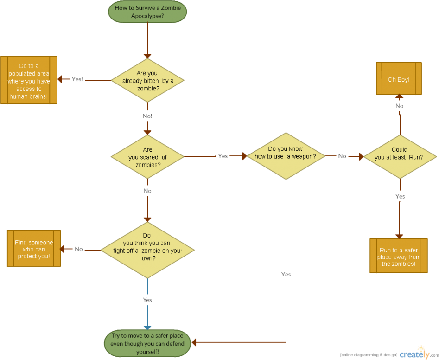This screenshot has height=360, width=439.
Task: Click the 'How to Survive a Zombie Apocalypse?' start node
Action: click(147, 11)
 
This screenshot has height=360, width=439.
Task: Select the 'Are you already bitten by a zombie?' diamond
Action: click(147, 80)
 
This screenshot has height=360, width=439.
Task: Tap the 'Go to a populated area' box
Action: click(29, 80)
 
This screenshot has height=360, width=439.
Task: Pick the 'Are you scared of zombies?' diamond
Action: click(147, 157)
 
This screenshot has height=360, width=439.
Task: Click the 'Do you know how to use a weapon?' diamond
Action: click(285, 156)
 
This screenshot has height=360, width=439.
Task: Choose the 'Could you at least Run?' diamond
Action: click(399, 157)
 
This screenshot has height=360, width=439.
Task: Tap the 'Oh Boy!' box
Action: click(399, 79)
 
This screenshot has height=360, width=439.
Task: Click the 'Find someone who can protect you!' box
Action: click(34, 249)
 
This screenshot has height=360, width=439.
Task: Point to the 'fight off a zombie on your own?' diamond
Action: click(147, 250)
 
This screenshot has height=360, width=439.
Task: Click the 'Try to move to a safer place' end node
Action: click(147, 344)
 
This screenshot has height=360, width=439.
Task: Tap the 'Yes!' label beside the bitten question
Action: click(77, 79)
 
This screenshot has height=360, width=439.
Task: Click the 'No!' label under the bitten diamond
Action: click(147, 116)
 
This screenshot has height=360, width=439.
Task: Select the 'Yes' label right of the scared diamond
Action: click(223, 156)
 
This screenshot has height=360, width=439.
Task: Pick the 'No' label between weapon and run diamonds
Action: click(342, 156)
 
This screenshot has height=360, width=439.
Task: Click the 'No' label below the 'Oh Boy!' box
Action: click(399, 106)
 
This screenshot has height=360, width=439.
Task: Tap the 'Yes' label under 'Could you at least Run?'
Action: click(400, 196)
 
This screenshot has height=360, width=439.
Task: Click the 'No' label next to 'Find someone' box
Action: click(79, 249)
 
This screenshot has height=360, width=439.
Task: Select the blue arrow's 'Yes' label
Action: click(147, 300)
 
